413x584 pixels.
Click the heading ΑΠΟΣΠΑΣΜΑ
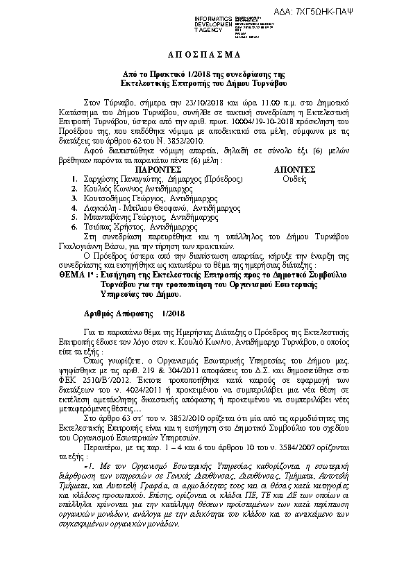(206, 55)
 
